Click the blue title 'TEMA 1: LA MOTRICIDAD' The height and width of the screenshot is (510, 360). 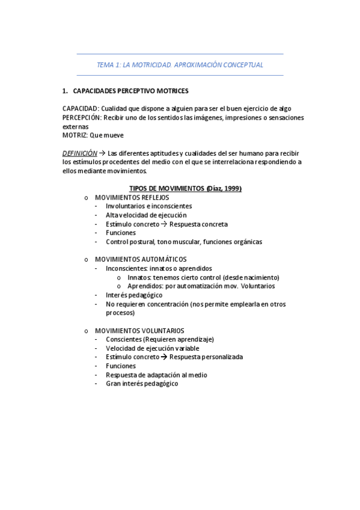click(x=180, y=64)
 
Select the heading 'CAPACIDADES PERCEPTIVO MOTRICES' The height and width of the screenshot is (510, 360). click(x=130, y=91)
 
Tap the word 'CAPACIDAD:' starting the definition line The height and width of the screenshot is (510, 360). click(x=80, y=109)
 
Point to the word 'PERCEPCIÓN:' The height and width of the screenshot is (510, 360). click(x=82, y=118)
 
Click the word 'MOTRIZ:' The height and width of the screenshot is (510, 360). click(x=75, y=136)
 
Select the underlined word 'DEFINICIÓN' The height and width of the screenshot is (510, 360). click(x=79, y=153)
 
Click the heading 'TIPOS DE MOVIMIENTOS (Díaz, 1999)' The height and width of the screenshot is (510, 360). click(x=186, y=189)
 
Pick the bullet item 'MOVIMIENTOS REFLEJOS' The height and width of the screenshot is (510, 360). click(x=132, y=197)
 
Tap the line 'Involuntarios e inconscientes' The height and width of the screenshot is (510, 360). click(x=149, y=206)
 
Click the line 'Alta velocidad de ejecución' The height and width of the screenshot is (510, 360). click(x=146, y=215)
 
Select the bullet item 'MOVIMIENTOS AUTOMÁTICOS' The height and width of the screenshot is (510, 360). click(x=136, y=259)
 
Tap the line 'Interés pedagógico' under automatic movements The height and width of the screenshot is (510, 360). click(x=134, y=295)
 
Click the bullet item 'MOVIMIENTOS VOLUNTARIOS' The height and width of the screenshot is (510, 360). click(x=139, y=331)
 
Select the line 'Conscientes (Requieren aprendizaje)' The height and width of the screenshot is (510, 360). click(x=159, y=339)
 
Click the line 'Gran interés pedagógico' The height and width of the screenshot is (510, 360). click(x=142, y=384)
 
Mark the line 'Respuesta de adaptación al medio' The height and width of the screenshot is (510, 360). click(x=156, y=375)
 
